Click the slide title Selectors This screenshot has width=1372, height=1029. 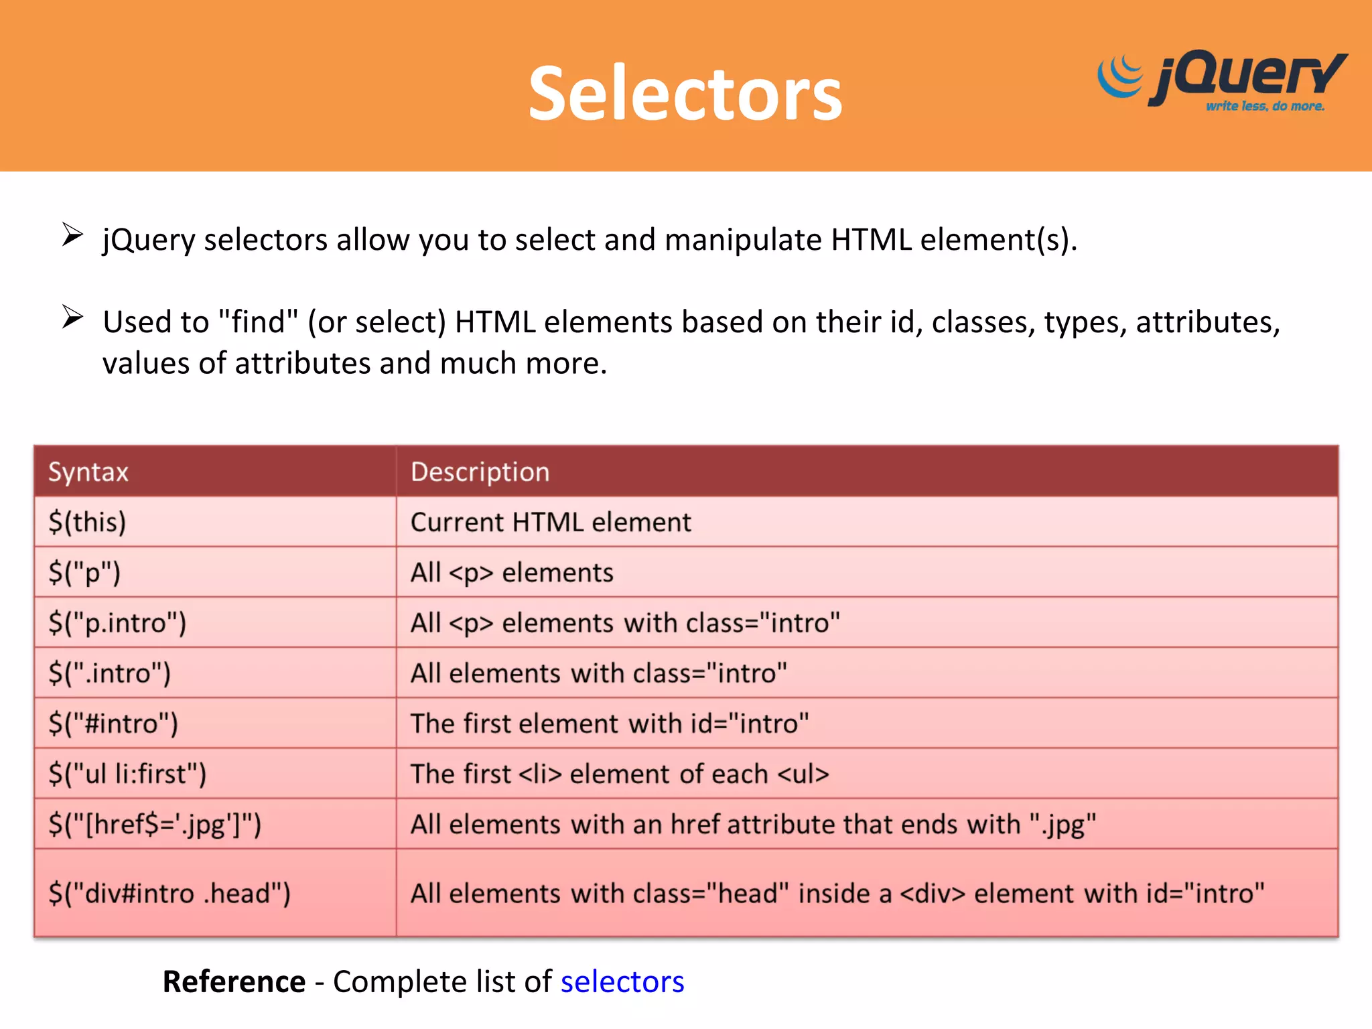(685, 94)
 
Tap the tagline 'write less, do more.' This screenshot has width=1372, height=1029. (1265, 107)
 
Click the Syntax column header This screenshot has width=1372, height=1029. (88, 472)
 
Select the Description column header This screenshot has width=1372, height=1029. (480, 472)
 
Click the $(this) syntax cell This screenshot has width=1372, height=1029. (87, 523)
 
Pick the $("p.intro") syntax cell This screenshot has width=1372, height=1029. (117, 623)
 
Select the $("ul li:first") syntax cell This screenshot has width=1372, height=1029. (127, 774)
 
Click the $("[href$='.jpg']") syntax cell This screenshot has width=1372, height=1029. (155, 825)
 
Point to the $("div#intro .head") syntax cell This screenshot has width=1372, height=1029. (169, 894)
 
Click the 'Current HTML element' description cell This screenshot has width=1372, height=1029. (551, 523)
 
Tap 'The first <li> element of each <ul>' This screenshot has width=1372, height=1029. (620, 774)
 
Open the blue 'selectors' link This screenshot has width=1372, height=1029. (622, 982)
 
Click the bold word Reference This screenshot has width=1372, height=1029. (234, 982)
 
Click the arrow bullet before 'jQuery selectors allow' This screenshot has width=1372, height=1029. (72, 234)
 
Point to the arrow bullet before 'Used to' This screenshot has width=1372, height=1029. (72, 317)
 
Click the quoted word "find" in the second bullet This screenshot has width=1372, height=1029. (259, 322)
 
